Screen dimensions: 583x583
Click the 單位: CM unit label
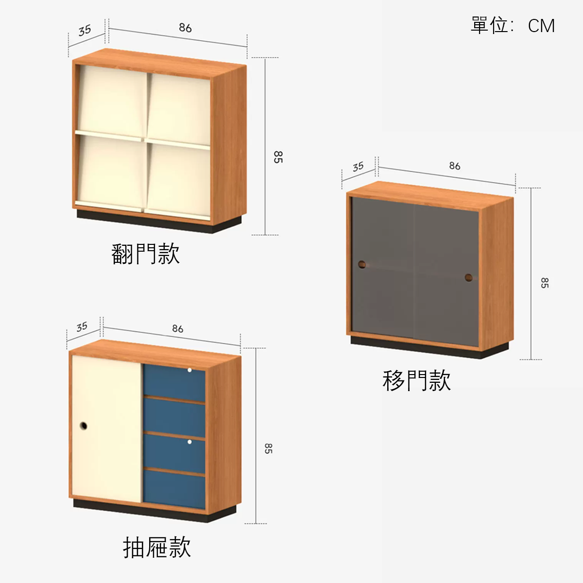tap(513, 25)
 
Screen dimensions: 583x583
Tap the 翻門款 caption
tap(146, 254)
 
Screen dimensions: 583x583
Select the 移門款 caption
tap(416, 380)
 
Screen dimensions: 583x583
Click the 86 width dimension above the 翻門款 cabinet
tap(185, 28)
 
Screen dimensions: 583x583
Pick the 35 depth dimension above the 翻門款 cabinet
tap(85, 30)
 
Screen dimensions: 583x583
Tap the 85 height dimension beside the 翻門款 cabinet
tap(278, 157)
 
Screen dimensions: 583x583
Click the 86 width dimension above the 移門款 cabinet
tap(455, 166)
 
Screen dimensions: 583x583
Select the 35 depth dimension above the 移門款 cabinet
tap(358, 167)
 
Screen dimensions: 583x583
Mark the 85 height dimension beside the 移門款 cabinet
tap(545, 283)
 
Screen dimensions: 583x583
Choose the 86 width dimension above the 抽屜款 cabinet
tap(178, 328)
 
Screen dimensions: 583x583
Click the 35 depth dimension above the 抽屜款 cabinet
tap(82, 327)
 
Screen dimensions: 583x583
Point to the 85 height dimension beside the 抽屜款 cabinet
tap(268, 449)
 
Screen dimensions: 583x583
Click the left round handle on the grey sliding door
tap(362, 264)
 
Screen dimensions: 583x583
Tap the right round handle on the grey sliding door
tap(469, 277)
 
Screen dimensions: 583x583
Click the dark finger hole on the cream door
tap(84, 426)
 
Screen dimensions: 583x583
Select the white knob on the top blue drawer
tap(189, 370)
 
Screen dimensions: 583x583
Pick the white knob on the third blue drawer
tap(189, 442)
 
